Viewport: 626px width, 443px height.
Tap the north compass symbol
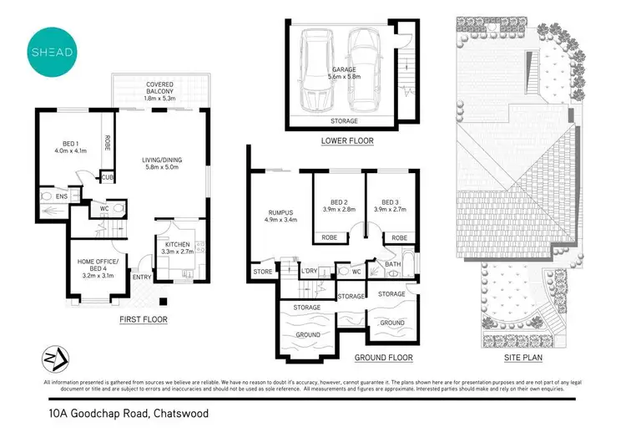pyautogui.click(x=52, y=358)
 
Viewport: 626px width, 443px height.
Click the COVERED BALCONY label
pyautogui.click(x=159, y=89)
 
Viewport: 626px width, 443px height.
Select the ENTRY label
pyautogui.click(x=142, y=278)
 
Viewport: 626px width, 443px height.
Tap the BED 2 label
pyautogui.click(x=338, y=206)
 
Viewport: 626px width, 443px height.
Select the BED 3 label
pyautogui.click(x=389, y=206)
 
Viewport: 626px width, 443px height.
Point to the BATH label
pyautogui.click(x=393, y=265)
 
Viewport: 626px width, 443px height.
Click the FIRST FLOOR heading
pyautogui.click(x=144, y=319)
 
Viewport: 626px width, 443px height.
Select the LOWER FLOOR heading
pyautogui.click(x=347, y=141)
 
